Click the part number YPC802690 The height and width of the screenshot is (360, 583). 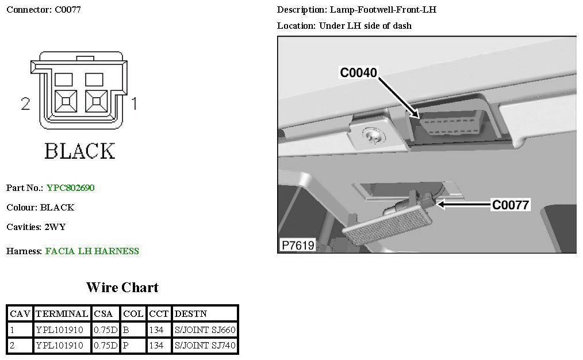click(70, 187)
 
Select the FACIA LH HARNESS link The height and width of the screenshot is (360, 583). click(92, 251)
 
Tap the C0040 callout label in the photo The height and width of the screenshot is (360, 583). click(358, 72)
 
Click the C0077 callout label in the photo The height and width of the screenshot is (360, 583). click(510, 204)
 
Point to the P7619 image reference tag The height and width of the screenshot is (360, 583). click(297, 245)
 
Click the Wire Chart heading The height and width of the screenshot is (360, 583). click(122, 287)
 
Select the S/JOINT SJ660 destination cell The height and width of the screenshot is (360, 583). click(205, 330)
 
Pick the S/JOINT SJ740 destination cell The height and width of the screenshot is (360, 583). click(205, 346)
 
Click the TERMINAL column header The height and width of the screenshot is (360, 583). click(62, 314)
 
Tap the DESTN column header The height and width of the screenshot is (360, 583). click(190, 314)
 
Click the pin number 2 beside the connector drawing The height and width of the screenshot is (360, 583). click(25, 104)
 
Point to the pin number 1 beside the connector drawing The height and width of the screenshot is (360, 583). click(134, 104)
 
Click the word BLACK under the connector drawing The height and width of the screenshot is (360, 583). click(79, 151)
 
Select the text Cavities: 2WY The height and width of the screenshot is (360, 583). click(36, 227)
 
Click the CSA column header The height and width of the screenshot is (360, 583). click(105, 314)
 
